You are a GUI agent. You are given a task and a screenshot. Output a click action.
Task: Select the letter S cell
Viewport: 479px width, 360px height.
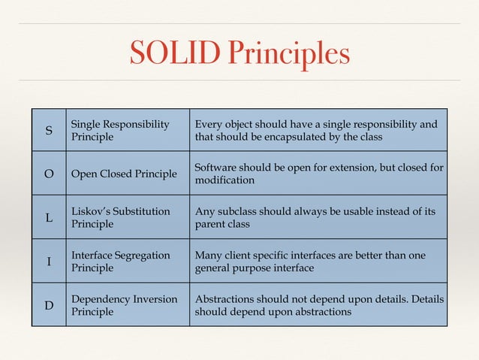pyautogui.click(x=49, y=130)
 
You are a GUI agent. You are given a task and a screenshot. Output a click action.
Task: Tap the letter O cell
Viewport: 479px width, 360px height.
pyautogui.click(x=49, y=174)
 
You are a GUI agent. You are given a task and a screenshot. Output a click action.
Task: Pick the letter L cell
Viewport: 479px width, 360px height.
pyautogui.click(x=49, y=217)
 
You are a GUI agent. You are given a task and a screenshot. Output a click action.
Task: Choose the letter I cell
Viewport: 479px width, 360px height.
pyautogui.click(x=49, y=261)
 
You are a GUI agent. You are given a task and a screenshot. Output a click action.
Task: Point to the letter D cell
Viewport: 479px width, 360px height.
pyautogui.click(x=49, y=304)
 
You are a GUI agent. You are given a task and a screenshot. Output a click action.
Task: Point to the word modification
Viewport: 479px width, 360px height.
pyautogui.click(x=224, y=180)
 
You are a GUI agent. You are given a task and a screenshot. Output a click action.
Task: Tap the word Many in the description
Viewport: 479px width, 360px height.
pyautogui.click(x=208, y=256)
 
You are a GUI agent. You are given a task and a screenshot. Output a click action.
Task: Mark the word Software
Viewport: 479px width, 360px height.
pyautogui.click(x=216, y=168)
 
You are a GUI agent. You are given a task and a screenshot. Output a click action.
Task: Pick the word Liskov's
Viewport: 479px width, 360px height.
pyautogui.click(x=94, y=212)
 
